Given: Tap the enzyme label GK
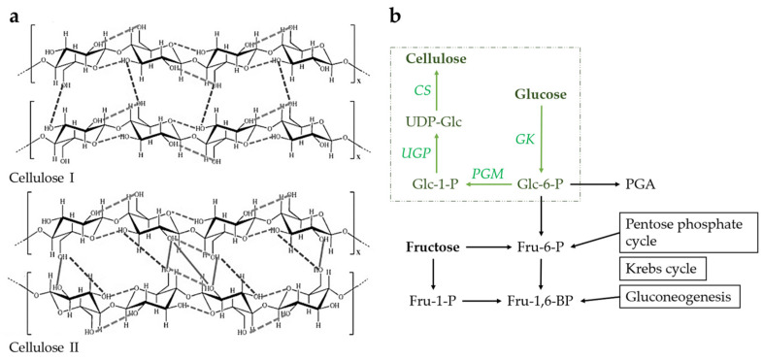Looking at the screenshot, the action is pos(551,139).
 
